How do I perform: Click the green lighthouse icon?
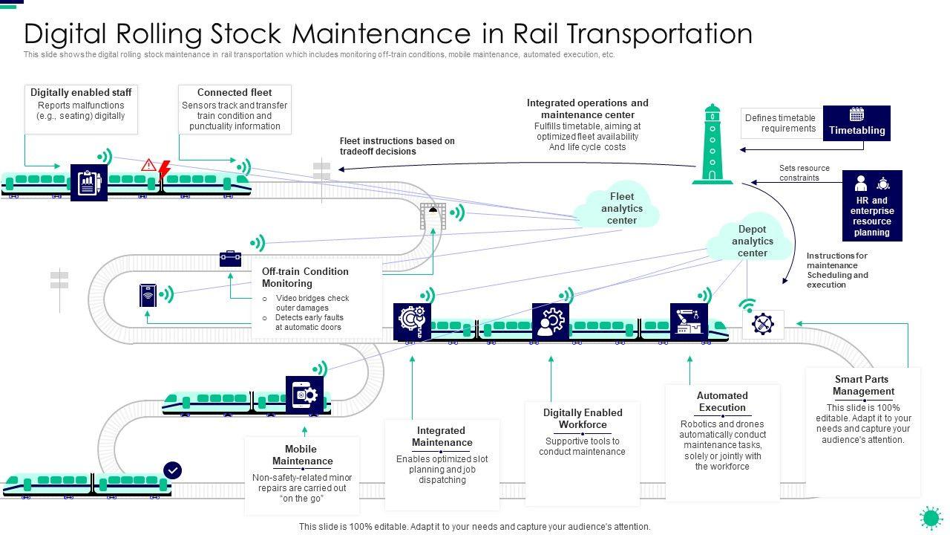712,144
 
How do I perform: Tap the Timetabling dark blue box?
856,123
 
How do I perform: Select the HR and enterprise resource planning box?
872,206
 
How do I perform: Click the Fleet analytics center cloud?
622,207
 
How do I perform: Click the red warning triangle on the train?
148,164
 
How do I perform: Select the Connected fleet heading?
235,93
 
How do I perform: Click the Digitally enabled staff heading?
81,93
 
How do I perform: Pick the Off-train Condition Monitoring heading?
305,277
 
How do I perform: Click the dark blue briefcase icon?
230,259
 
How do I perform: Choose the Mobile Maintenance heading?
302,455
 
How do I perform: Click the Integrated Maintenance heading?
442,436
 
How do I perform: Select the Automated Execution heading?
722,401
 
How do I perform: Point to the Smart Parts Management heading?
863,385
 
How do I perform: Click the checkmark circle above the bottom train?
172,470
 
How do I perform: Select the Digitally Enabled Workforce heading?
583,418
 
